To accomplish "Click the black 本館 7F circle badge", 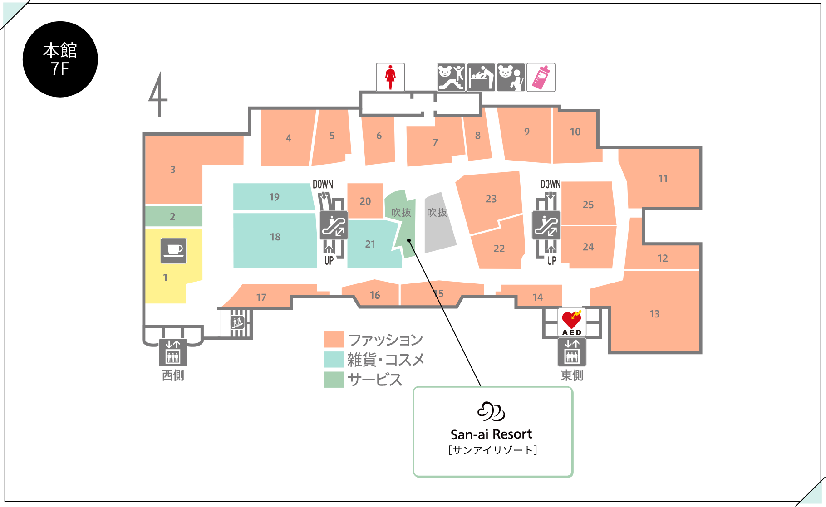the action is (x=60, y=59).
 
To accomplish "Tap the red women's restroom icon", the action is (x=390, y=78).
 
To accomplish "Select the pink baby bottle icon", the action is (x=541, y=78).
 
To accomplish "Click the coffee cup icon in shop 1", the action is (x=174, y=250).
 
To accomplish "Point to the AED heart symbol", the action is (x=571, y=319).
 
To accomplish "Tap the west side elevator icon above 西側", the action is (x=173, y=352).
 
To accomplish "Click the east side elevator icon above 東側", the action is (x=572, y=352).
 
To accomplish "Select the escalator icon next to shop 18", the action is (x=334, y=225).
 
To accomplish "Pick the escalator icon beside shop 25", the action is (x=546, y=225).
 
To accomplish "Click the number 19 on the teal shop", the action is (x=274, y=197).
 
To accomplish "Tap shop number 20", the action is (x=365, y=201).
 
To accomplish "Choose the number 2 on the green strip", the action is (x=172, y=217).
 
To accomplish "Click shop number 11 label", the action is (x=663, y=179).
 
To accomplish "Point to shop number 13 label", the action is (x=654, y=314).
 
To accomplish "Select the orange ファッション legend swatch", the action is (x=334, y=340).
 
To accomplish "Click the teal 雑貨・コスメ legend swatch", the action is (x=334, y=360).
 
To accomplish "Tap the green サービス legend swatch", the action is (x=334, y=380).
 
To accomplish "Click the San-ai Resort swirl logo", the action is (x=492, y=411).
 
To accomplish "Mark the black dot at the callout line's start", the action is (x=409, y=240).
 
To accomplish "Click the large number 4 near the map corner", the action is (x=157, y=94).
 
